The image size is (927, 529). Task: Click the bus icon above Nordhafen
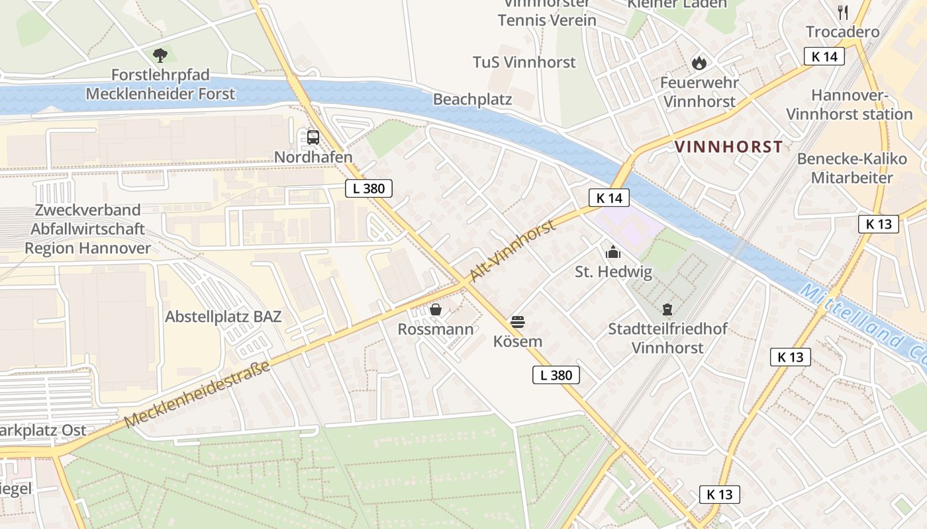[x=313, y=138]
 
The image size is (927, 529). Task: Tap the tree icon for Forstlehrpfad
[x=160, y=55]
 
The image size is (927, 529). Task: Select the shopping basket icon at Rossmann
[x=436, y=309]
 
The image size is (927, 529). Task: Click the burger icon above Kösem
[x=518, y=322]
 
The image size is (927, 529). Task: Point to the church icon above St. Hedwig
[x=613, y=252]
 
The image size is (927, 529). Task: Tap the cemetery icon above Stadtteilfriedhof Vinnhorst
[x=667, y=309]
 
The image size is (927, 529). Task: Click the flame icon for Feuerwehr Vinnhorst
[x=699, y=63]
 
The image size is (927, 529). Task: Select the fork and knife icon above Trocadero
[x=843, y=12]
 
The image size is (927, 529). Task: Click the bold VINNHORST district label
[x=728, y=147]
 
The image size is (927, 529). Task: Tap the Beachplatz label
[x=473, y=99]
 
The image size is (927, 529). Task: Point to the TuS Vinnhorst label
[x=524, y=62]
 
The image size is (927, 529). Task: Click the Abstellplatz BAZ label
[x=223, y=316]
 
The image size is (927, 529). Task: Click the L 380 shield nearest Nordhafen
[x=369, y=188]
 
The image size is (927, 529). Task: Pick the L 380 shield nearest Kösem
[x=556, y=375]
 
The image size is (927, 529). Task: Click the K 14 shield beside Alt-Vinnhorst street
[x=609, y=197]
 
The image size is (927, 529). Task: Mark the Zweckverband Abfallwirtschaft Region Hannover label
[x=87, y=229]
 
